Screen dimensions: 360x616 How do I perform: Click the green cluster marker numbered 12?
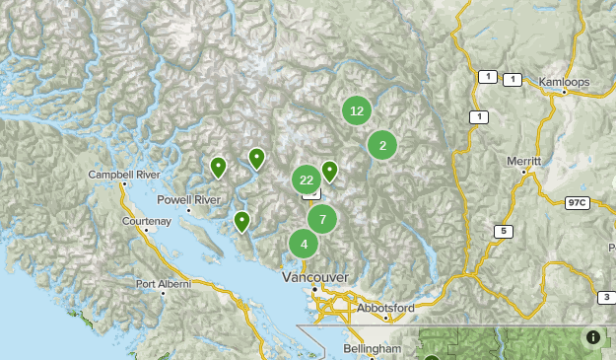click(x=357, y=111)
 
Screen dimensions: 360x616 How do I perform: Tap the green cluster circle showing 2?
click(x=382, y=146)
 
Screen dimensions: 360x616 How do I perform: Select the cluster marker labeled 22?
click(x=307, y=180)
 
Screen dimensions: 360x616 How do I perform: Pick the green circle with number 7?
click(x=321, y=219)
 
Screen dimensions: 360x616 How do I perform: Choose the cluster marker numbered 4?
click(x=304, y=244)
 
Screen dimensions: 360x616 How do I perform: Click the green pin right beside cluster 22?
click(x=329, y=172)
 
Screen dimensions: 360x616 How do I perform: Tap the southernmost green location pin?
click(x=240, y=221)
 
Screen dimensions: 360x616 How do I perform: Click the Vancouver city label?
click(x=314, y=277)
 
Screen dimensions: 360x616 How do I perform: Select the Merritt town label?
click(x=523, y=160)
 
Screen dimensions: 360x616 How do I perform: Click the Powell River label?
click(x=188, y=199)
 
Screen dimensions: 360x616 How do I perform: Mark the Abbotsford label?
click(x=386, y=308)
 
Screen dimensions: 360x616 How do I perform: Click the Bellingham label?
click(x=373, y=349)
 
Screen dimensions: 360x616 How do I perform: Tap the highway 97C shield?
click(x=577, y=202)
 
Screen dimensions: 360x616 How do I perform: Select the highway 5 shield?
click(x=504, y=232)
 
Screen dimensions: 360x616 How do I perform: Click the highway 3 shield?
click(x=605, y=297)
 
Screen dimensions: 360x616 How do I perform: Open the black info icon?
click(x=593, y=337)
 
